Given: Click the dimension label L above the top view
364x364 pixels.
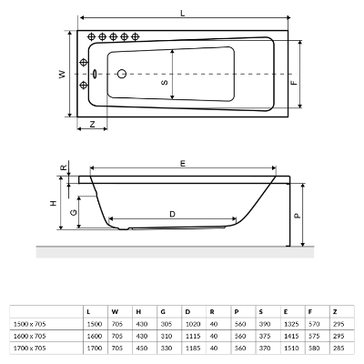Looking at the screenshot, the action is click(x=183, y=13).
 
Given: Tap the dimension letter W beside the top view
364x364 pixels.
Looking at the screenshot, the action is click(x=62, y=74).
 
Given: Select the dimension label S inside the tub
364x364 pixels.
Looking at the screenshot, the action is click(x=164, y=82).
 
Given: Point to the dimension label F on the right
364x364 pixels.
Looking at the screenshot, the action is click(x=294, y=83).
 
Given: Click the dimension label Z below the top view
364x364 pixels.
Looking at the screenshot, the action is click(x=93, y=124).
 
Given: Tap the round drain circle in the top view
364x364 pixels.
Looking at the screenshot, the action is click(x=122, y=74).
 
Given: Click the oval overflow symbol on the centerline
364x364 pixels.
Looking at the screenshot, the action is click(x=95, y=74).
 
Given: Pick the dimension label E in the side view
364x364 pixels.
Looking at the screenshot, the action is click(x=183, y=164).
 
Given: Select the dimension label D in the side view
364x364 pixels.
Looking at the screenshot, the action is click(x=172, y=215).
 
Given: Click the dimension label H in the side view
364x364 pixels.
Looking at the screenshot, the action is click(x=54, y=203).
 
